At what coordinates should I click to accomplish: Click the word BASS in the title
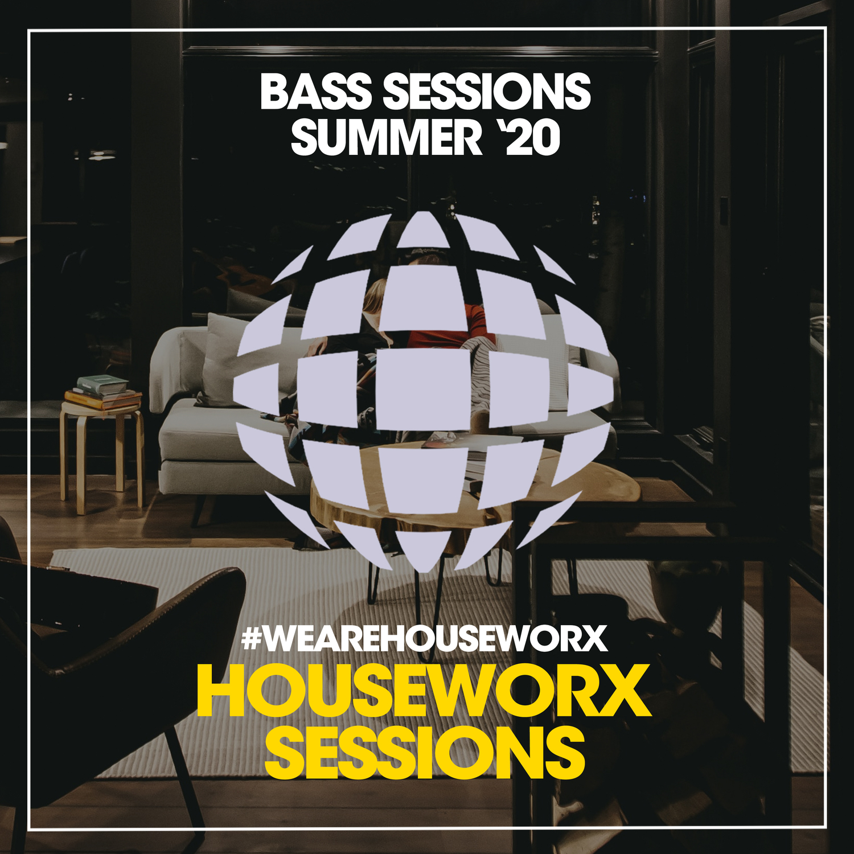[x=316, y=92]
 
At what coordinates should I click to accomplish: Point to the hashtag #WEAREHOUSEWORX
[x=425, y=638]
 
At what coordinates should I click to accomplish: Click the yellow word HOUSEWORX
[x=424, y=691]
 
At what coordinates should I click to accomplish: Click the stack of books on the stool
[x=102, y=392]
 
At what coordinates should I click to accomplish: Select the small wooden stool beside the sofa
[x=102, y=455]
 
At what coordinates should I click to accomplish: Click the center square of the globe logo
[x=422, y=389]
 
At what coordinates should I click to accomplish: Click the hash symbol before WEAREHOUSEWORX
[x=251, y=638]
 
